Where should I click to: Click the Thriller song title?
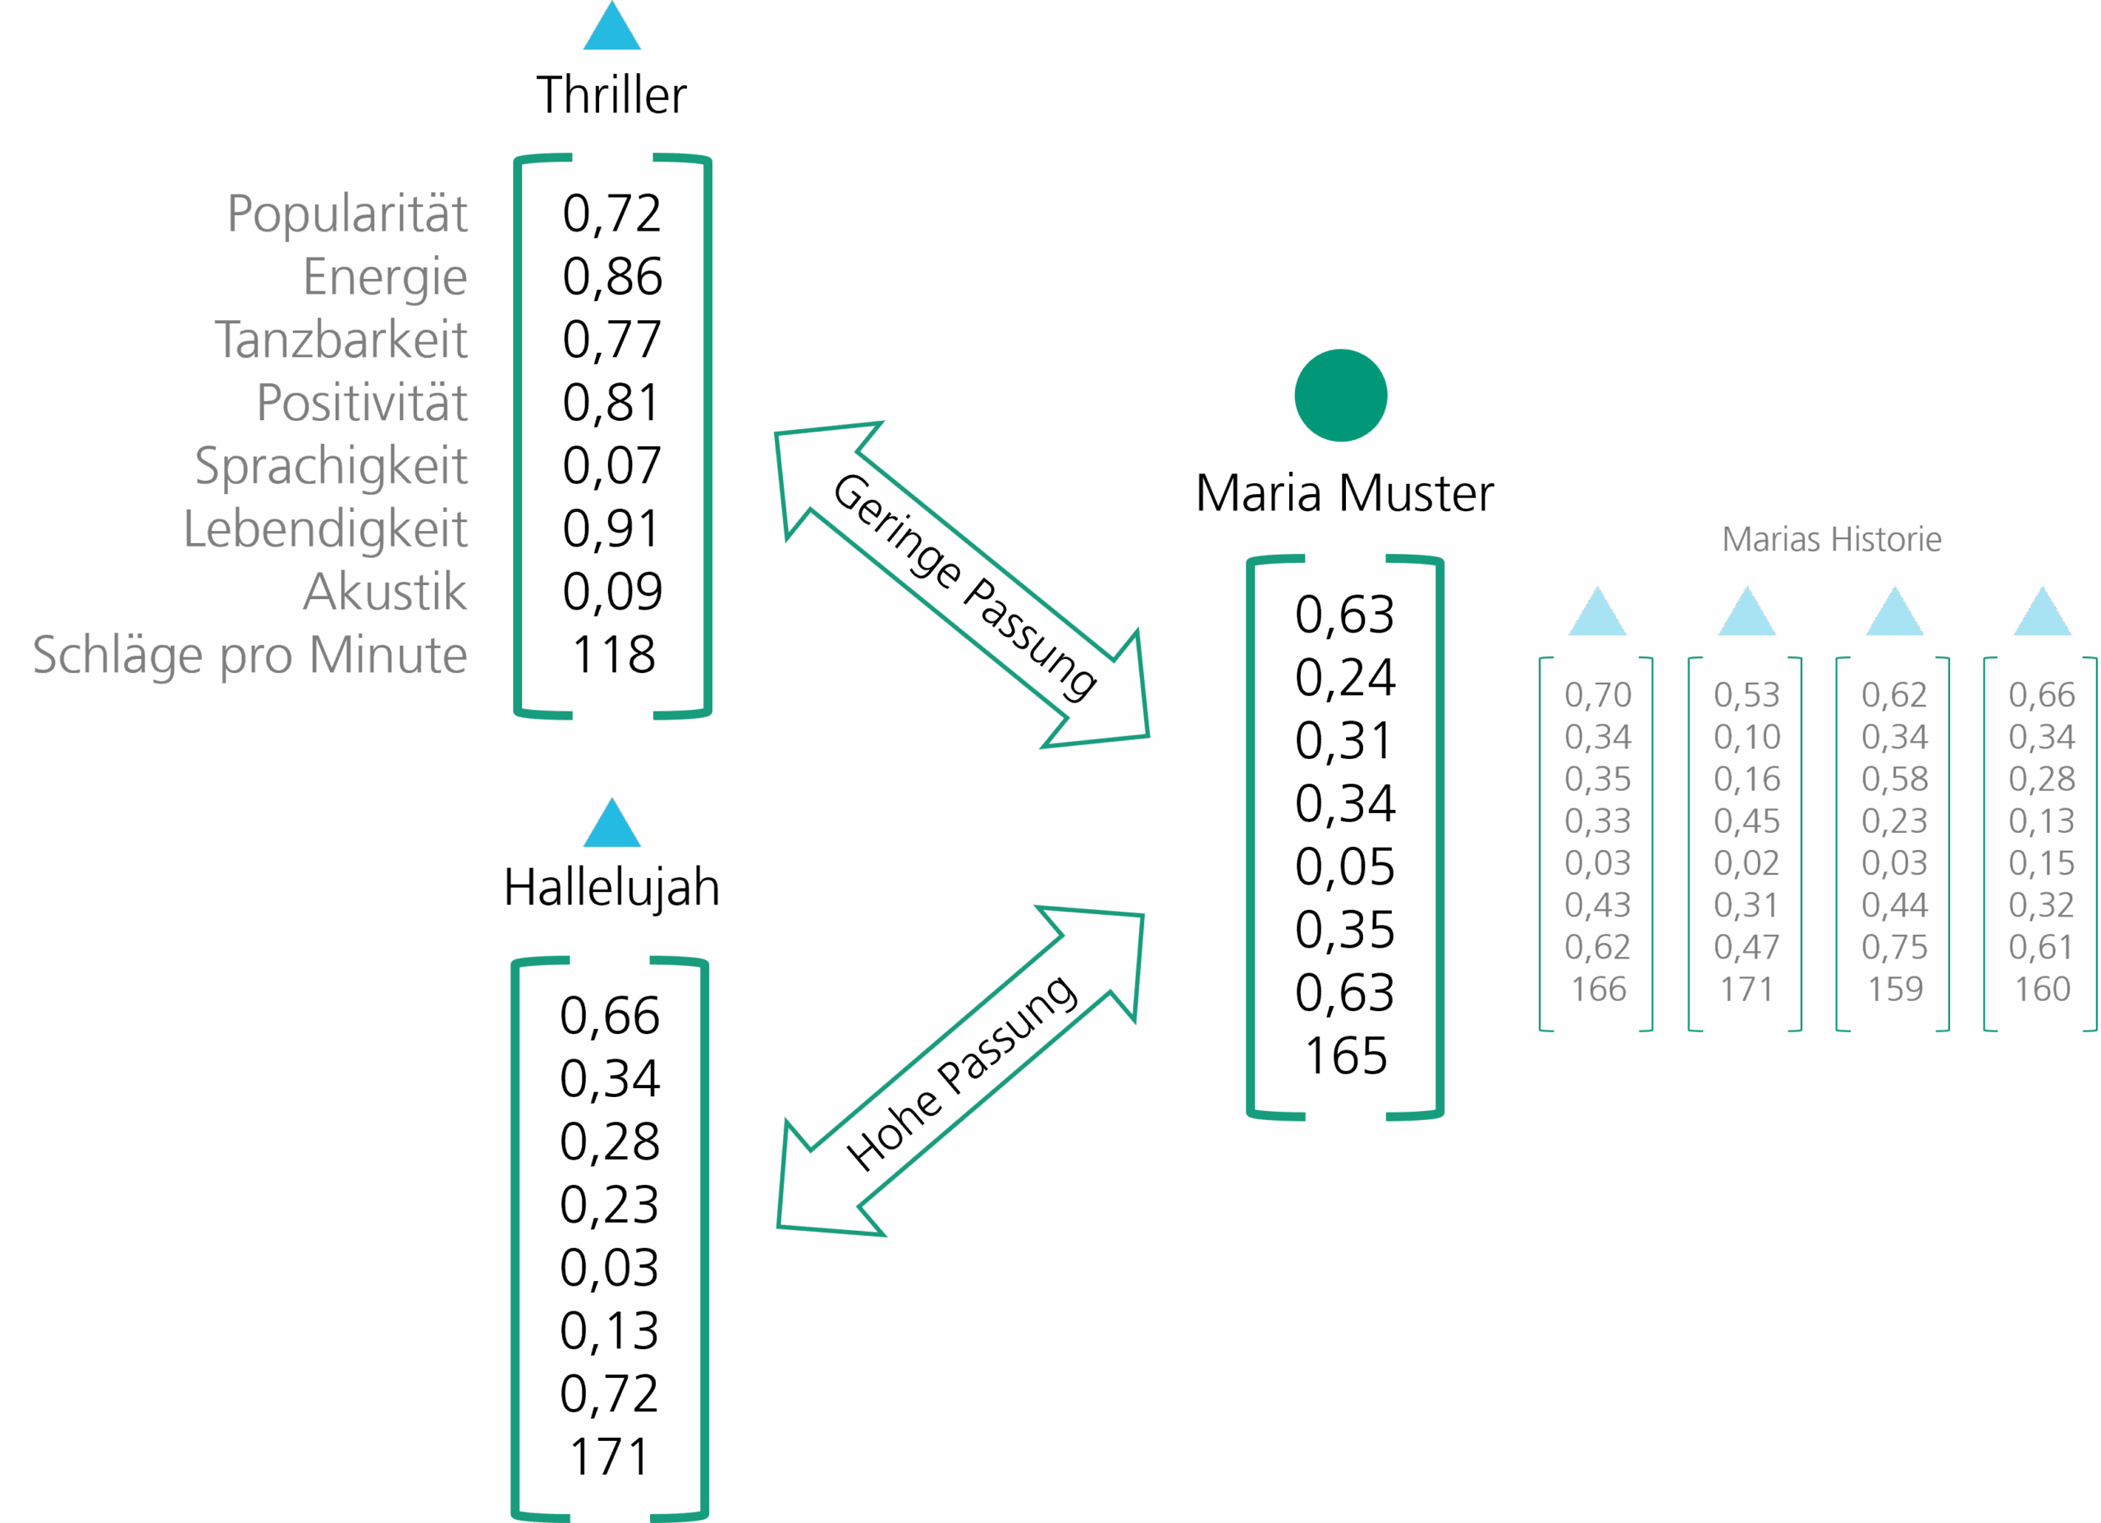pyautogui.click(x=611, y=95)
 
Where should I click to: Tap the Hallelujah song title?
pyautogui.click(x=611, y=888)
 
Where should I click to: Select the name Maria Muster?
pyautogui.click(x=1344, y=493)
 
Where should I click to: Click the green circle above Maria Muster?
pyautogui.click(x=1340, y=396)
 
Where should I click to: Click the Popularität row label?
pyautogui.click(x=347, y=214)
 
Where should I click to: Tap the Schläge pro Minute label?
pyautogui.click(x=250, y=655)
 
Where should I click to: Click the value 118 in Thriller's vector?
pyautogui.click(x=613, y=655)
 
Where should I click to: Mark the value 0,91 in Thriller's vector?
pyautogui.click(x=611, y=529)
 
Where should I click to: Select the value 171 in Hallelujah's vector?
pyautogui.click(x=610, y=1457)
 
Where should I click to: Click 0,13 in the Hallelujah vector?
pyautogui.click(x=610, y=1330)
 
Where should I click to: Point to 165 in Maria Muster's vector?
pyautogui.click(x=1345, y=1055)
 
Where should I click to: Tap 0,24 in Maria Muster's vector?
pyautogui.click(x=1345, y=678)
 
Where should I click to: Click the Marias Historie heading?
pyautogui.click(x=1832, y=539)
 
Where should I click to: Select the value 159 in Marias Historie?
pyautogui.click(x=1895, y=990)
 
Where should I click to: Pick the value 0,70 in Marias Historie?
pyautogui.click(x=1598, y=695)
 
